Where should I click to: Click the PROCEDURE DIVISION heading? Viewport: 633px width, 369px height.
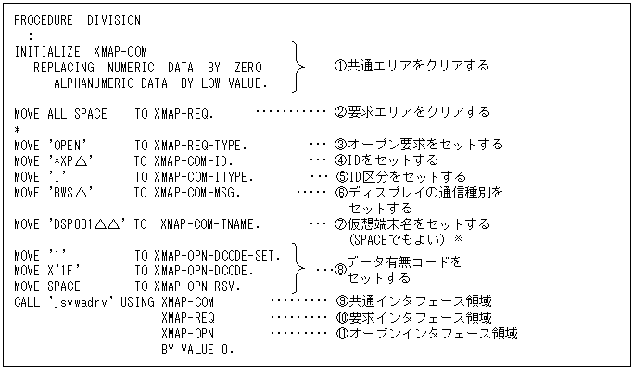(x=77, y=20)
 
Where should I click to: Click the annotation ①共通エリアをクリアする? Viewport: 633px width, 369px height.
(x=411, y=66)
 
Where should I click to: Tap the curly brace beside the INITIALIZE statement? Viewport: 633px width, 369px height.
(x=297, y=67)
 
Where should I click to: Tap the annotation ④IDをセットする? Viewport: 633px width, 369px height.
(x=394, y=160)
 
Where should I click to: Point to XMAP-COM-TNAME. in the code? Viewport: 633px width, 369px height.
(x=209, y=224)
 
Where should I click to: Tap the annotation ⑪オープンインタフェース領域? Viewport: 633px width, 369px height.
(x=425, y=334)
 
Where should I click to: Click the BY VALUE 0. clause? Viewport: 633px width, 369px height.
(x=196, y=350)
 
